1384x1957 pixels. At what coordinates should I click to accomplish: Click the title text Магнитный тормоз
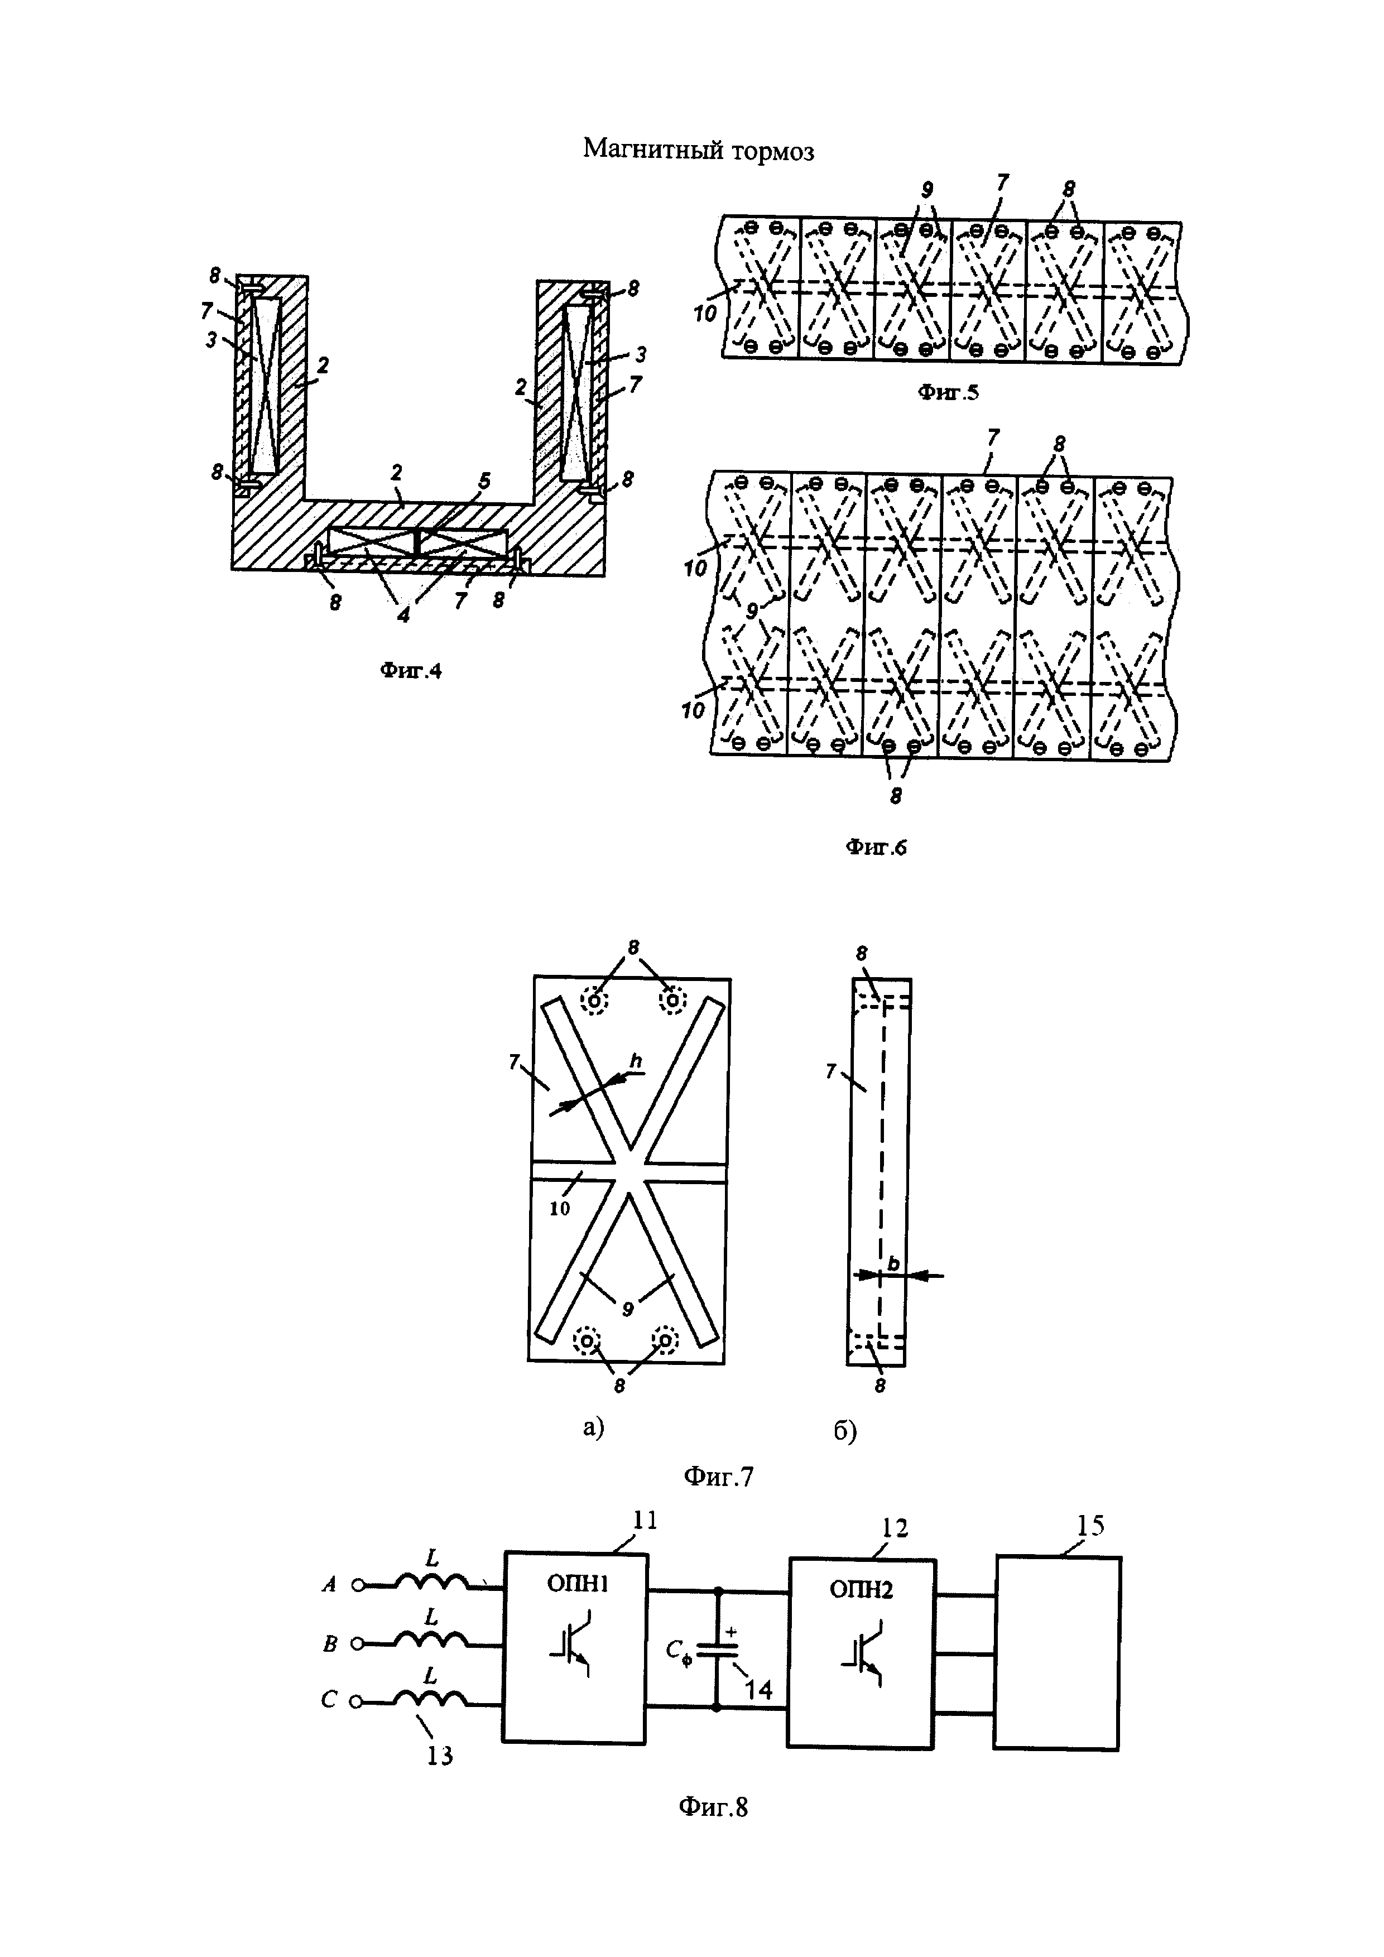tap(698, 150)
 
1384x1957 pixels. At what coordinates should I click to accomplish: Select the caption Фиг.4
tap(411, 671)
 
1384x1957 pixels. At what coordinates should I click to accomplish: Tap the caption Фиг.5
tap(949, 392)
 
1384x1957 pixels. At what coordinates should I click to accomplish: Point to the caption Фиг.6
tap(876, 847)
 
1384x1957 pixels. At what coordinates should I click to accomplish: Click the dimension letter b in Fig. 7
tap(892, 1263)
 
